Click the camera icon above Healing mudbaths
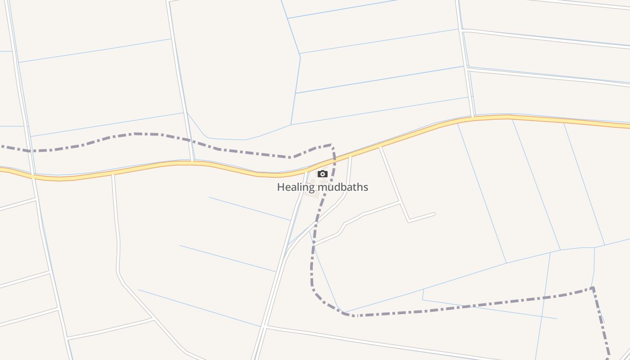coord(323,174)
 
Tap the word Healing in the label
coord(296,187)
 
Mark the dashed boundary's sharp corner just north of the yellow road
coord(332,145)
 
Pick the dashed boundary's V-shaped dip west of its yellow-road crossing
coord(292,157)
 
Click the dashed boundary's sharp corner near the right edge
coord(593,288)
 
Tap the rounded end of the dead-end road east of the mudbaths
coord(434,214)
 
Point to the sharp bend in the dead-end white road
coord(409,221)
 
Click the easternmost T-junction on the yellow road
coord(472,117)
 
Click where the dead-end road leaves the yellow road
coord(381,146)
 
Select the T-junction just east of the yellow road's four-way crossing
coord(113,173)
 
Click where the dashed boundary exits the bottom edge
coord(609,359)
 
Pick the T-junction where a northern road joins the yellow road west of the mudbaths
coord(193,161)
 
